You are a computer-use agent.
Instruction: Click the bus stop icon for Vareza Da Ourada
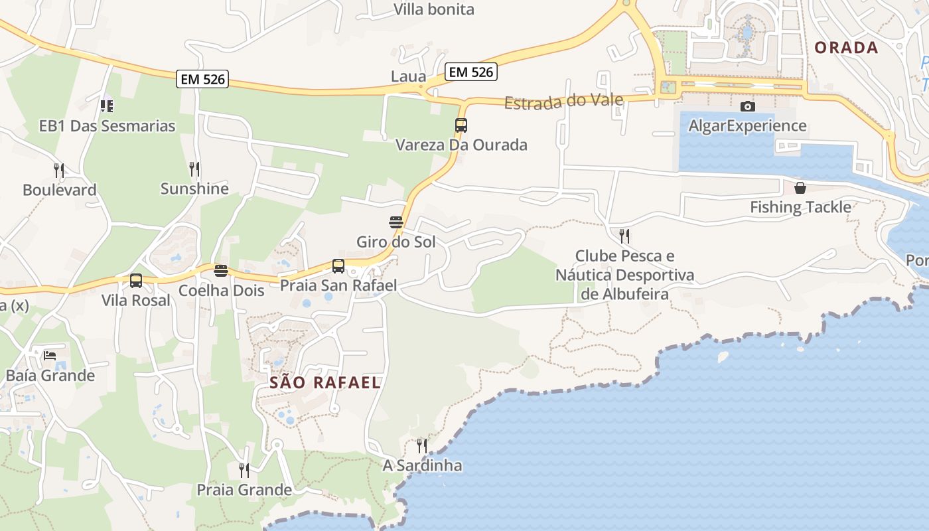461,125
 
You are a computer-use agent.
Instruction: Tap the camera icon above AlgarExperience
747,106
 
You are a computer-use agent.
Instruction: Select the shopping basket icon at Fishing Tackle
800,188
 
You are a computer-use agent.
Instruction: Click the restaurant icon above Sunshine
194,169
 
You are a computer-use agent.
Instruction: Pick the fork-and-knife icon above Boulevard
59,171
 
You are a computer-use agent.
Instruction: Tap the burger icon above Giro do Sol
396,222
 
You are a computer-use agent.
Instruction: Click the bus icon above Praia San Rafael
338,266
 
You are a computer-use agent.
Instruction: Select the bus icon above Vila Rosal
136,281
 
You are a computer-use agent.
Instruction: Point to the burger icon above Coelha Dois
221,271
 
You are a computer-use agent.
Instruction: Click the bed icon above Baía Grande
50,356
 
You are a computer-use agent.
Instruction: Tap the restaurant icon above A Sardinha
422,445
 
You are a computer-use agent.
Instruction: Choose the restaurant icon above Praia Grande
244,470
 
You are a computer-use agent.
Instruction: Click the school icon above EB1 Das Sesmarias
107,106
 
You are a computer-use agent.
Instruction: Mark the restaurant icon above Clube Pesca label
624,236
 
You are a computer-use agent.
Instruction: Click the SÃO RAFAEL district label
325,382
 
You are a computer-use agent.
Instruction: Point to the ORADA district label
846,48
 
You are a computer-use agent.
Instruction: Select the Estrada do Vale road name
563,101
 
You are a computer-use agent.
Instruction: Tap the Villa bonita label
434,9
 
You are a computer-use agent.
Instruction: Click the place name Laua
408,76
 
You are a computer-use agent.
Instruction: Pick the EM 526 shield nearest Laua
471,72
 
